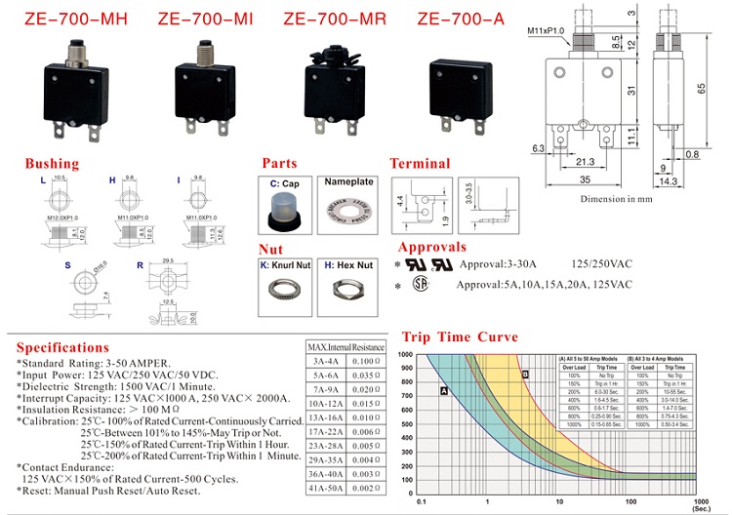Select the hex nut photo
(347, 290)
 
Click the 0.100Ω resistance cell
(366, 361)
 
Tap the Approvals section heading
(432, 248)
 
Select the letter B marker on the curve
(524, 375)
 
